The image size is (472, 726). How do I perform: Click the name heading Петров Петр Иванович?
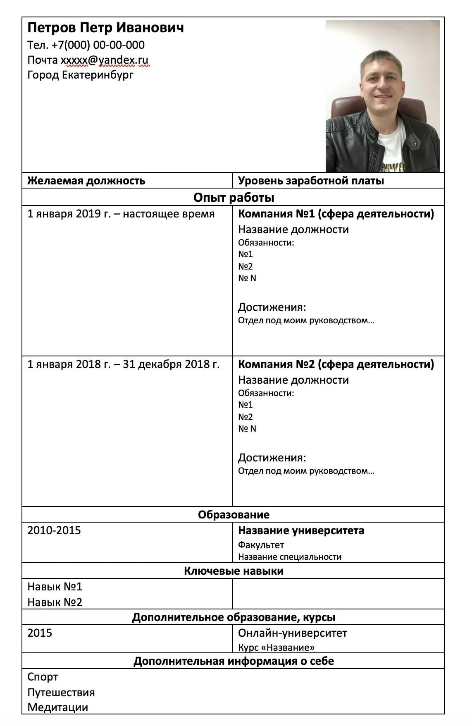pyautogui.click(x=105, y=28)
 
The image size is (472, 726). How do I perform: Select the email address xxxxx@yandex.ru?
pyautogui.click(x=105, y=60)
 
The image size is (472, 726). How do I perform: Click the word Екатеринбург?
pyautogui.click(x=98, y=75)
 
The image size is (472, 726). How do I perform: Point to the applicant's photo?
pyautogui.click(x=382, y=96)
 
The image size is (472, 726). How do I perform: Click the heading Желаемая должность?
pyautogui.click(x=86, y=181)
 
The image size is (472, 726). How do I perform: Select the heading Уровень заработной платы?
pyautogui.click(x=311, y=181)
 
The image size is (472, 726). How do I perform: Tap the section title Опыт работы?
pyautogui.click(x=234, y=197)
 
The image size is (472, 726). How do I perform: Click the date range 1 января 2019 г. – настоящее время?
pyautogui.click(x=121, y=214)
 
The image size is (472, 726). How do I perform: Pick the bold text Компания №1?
pyautogui.click(x=277, y=214)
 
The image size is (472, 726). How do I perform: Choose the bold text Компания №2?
pyautogui.click(x=277, y=364)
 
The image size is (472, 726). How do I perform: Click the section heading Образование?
pyautogui.click(x=234, y=515)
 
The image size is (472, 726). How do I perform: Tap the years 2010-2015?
pyautogui.click(x=54, y=530)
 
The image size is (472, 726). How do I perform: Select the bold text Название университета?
pyautogui.click(x=301, y=530)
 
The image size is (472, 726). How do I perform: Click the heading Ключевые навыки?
pyautogui.click(x=234, y=571)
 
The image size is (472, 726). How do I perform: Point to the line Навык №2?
pyautogui.click(x=55, y=602)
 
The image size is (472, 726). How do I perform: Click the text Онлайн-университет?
pyautogui.click(x=292, y=633)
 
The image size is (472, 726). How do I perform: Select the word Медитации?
pyautogui.click(x=57, y=707)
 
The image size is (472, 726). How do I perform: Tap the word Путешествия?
pyautogui.click(x=61, y=693)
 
